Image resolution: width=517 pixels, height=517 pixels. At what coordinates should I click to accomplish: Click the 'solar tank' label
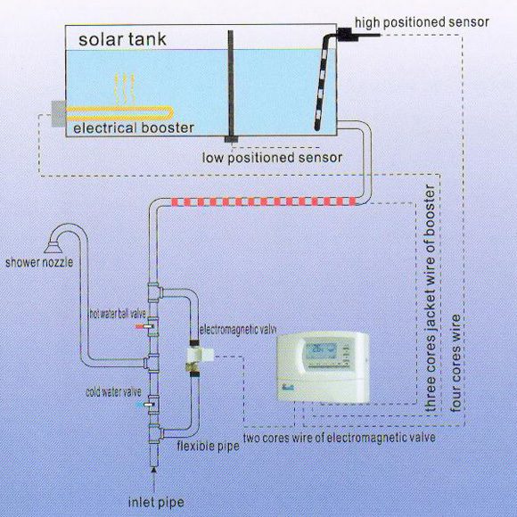pos(122,39)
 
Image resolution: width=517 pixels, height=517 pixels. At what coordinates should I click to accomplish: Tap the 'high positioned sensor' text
pos(422,22)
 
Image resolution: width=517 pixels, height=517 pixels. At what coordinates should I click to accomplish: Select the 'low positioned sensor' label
pos(272,157)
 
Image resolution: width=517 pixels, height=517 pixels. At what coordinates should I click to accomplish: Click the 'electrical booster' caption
pos(134,128)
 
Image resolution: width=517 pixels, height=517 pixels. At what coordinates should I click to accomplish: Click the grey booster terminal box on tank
pos(59,114)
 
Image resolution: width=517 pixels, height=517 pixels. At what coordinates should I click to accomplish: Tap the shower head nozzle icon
pos(53,247)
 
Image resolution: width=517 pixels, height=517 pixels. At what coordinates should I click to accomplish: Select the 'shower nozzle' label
pos(39,262)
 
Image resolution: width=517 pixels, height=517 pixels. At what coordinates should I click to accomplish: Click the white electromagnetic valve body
pos(201,355)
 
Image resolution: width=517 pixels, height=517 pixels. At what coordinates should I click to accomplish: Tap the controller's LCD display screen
pos(321,351)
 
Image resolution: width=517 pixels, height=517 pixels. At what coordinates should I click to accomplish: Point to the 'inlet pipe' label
pos(156,502)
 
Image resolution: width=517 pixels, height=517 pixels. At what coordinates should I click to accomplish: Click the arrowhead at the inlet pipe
pos(153,471)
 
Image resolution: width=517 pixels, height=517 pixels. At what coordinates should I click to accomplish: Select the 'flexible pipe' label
pos(208,446)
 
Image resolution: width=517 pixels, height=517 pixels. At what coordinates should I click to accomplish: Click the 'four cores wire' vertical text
pos(455,363)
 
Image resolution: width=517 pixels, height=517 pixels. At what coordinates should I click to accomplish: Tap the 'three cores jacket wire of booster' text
pos(431,298)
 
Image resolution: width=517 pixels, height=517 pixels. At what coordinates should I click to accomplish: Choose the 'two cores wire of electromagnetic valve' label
pos(340,438)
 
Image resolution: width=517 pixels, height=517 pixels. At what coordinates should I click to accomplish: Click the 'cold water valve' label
pos(113,391)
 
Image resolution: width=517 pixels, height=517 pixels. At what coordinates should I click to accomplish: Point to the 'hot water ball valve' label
pos(118,314)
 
